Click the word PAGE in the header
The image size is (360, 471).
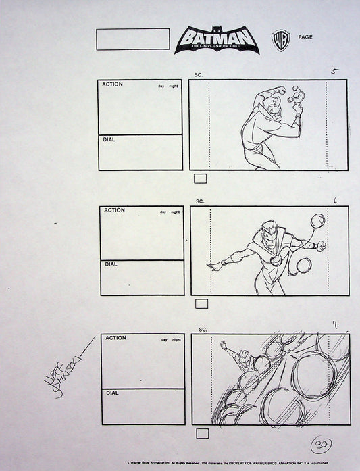pos(305,37)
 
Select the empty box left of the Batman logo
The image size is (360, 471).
pos(133,39)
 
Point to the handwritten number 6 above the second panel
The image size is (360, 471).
pos(336,200)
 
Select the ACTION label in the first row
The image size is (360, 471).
pos(113,84)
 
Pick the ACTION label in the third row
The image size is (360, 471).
pos(115,338)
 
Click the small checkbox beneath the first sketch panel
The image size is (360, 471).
pos(201,178)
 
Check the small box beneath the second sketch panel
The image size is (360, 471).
pos(201,304)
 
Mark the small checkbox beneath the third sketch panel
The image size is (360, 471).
pos(201,432)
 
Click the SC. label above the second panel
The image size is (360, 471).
pos(200,201)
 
